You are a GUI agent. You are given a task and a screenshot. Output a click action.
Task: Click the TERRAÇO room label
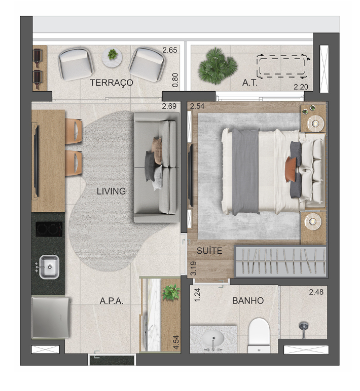tap(112, 83)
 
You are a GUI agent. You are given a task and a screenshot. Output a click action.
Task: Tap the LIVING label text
tap(111, 191)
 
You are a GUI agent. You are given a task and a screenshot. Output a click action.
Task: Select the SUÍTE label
tap(209, 251)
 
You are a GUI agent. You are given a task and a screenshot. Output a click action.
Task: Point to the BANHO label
tap(248, 301)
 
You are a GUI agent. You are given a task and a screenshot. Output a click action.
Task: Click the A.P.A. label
tap(112, 301)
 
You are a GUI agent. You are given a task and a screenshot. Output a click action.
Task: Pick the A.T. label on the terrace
tap(250, 83)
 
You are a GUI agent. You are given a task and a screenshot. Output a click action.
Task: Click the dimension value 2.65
tap(170, 50)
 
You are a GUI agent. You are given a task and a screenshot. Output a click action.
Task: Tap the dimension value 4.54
tap(176, 342)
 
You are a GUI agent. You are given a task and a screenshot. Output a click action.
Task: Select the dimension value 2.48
tap(316, 292)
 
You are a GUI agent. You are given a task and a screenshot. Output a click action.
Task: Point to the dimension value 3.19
tap(193, 268)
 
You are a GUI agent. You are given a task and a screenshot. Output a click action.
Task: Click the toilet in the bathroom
tap(259, 335)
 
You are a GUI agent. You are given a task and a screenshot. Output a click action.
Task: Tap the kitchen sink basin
tap(49, 267)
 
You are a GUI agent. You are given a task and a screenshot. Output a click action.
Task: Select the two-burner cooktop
tap(49, 229)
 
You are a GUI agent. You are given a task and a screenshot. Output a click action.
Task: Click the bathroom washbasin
tap(213, 338)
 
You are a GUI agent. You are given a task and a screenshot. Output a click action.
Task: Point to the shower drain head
tap(304, 326)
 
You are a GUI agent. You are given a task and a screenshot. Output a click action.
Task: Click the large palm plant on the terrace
tap(218, 66)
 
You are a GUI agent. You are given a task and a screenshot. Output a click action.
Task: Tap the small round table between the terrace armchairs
tap(112, 57)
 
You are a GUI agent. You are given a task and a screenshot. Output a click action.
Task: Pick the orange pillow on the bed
tap(291, 170)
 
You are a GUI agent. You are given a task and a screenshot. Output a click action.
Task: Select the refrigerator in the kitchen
tap(51, 317)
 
